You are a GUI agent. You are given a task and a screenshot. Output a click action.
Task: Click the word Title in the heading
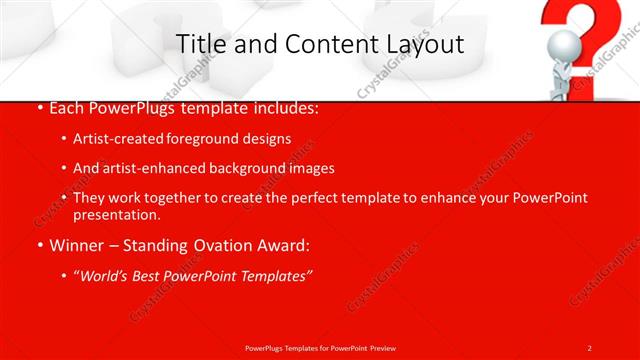pyautogui.click(x=199, y=44)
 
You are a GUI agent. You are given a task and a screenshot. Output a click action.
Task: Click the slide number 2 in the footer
pyautogui.click(x=590, y=347)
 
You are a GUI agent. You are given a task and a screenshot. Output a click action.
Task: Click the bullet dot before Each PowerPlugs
pyautogui.click(x=39, y=107)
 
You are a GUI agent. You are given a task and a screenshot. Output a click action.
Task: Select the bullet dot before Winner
pyautogui.click(x=39, y=245)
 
